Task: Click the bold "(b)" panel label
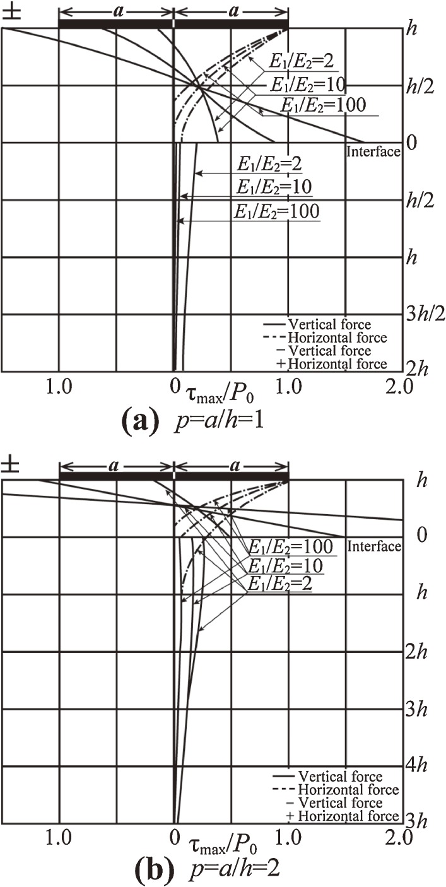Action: point(151,870)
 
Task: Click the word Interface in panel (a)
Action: point(374,151)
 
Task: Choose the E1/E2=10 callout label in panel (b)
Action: point(284,565)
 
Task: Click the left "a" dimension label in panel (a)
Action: point(115,11)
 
